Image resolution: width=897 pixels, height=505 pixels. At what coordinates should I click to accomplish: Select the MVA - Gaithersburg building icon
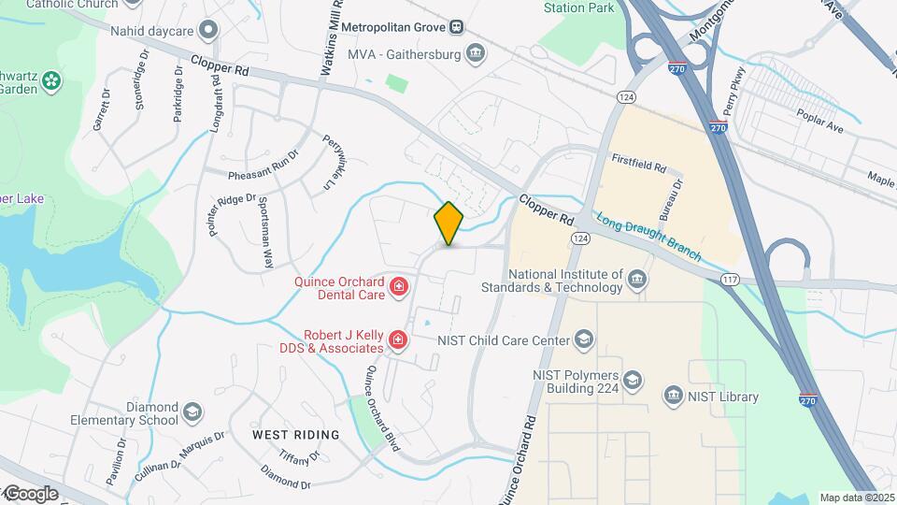477,53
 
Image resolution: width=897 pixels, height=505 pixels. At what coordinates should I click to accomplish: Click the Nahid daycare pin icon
208,29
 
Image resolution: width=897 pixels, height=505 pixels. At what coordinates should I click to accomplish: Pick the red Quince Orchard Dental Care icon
399,285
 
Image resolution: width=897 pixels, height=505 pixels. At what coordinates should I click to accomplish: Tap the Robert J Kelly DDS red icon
399,339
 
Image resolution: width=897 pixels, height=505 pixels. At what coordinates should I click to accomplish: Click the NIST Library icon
673,397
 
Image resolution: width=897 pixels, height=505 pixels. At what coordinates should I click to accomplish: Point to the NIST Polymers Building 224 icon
634,380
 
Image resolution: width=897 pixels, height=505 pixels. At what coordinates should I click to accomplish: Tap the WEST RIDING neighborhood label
296,435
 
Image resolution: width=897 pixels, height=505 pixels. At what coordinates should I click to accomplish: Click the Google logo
31,493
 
